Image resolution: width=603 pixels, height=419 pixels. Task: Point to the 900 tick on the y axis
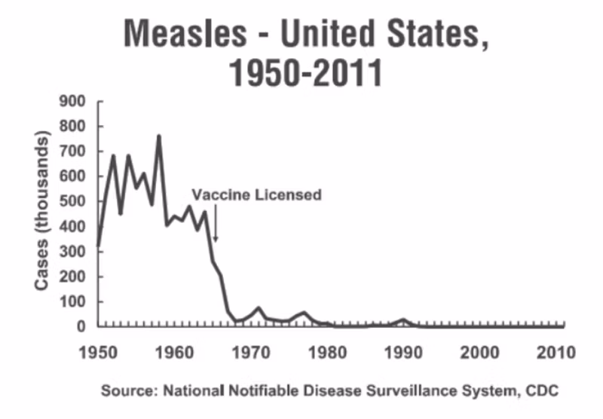76,101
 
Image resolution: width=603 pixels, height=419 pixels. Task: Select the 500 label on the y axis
76,201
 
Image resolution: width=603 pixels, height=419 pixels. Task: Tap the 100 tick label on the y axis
76,301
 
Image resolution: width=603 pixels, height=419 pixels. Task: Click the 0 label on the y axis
84,326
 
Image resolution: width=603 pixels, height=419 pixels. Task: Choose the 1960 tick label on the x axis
176,353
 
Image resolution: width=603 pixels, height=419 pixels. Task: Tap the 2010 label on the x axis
556,353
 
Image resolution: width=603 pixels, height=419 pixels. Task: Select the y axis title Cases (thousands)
43,213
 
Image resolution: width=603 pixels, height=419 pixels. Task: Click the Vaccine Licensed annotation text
256,194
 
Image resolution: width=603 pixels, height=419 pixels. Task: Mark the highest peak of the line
159,136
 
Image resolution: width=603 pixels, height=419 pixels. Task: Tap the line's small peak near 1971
259,307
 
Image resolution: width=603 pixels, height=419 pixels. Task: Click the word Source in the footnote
121,391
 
